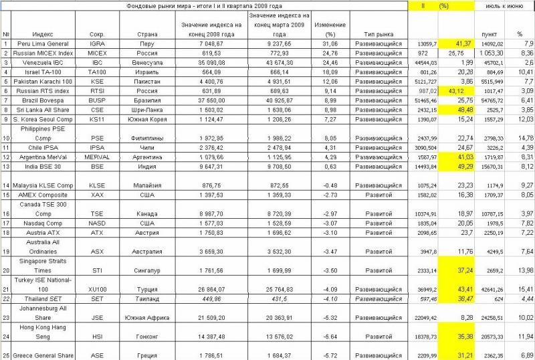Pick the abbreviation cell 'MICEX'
[x=96, y=52]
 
